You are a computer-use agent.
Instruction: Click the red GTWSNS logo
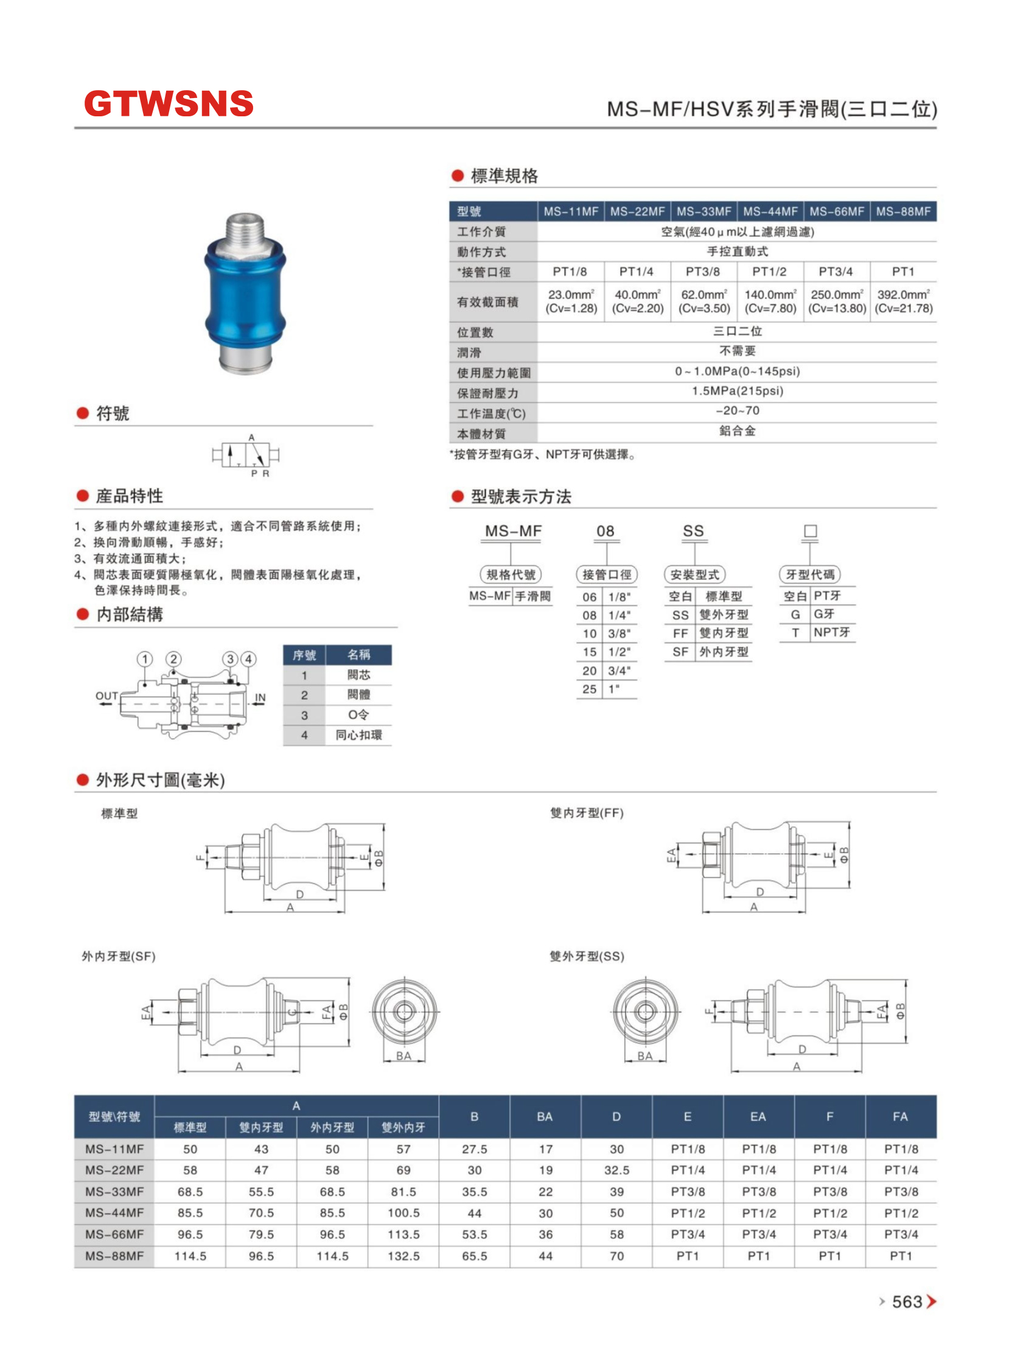[169, 104]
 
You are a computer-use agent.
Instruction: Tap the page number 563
[907, 1301]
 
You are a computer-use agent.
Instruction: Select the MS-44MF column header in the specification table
[770, 211]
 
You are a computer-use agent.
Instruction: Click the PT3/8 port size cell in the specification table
[702, 272]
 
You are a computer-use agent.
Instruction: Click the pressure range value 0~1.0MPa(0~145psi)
[737, 371]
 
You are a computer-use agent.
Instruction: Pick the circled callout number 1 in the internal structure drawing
[145, 659]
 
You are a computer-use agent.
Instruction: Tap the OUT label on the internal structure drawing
[106, 695]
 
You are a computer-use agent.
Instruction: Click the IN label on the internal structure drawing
[260, 697]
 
